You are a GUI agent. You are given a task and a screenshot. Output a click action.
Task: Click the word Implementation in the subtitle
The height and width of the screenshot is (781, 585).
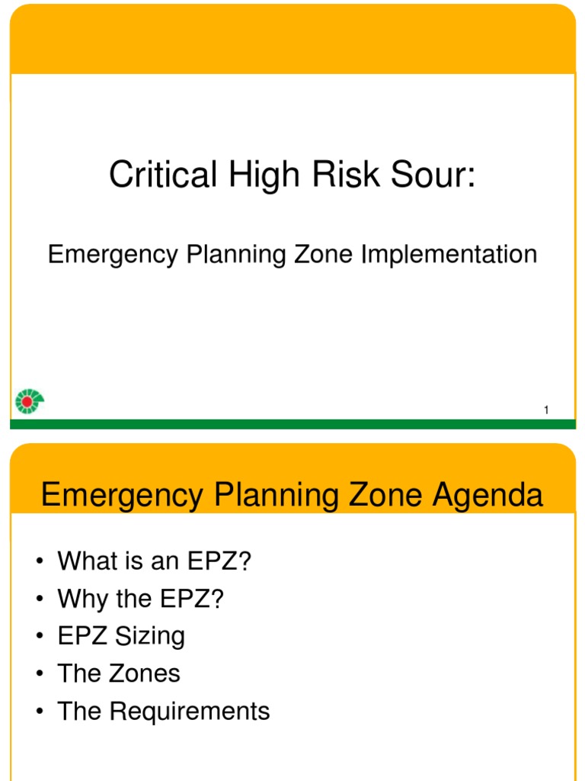click(449, 254)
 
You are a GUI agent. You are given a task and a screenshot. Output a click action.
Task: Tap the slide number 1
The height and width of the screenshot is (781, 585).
click(546, 411)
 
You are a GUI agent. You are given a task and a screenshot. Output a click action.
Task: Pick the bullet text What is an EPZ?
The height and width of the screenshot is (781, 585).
click(154, 562)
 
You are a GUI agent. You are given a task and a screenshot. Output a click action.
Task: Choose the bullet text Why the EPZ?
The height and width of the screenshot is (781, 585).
click(141, 599)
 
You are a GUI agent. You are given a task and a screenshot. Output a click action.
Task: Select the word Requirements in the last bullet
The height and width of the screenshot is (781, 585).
click(190, 712)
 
